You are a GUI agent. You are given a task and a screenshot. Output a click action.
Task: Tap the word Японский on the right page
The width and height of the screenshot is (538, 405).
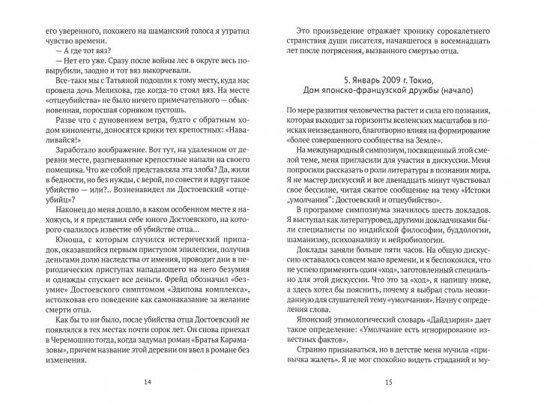click(309, 316)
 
